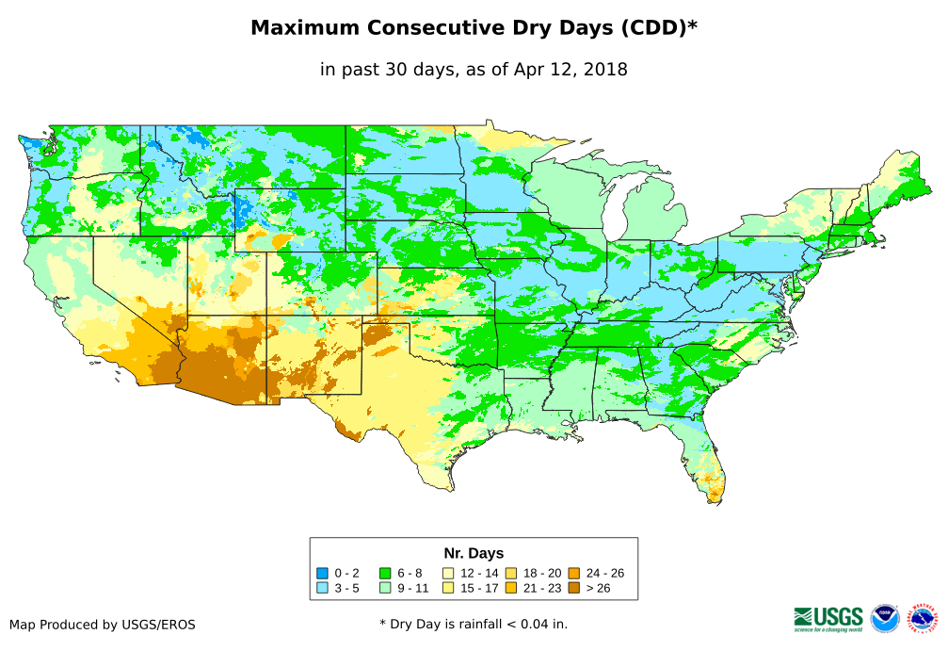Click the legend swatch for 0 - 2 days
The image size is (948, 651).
click(323, 573)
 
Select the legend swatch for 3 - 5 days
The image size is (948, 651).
click(323, 588)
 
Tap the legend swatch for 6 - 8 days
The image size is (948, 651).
click(385, 573)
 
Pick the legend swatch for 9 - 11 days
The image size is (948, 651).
click(385, 588)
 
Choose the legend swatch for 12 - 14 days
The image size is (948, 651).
click(448, 573)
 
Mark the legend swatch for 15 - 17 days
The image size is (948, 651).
click(448, 588)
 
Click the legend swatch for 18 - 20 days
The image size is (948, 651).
click(511, 573)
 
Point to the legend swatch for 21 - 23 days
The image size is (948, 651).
click(511, 588)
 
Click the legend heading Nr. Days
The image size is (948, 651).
click(474, 553)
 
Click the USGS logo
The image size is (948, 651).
click(828, 618)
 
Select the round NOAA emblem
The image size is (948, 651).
click(885, 618)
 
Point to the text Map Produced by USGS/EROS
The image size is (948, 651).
click(103, 625)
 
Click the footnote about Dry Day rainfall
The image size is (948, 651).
click(474, 625)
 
